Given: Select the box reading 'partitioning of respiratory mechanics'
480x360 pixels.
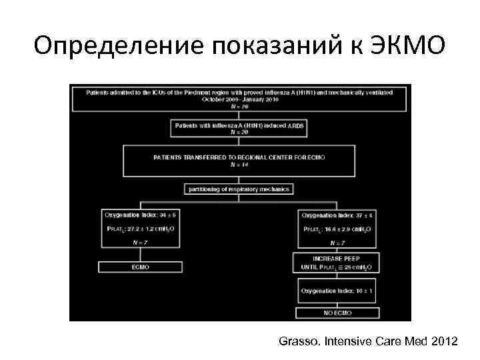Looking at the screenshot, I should pos(239,189).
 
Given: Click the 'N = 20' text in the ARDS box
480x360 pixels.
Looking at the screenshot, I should pos(239,132).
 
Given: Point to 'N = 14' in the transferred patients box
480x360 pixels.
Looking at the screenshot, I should pos(239,165).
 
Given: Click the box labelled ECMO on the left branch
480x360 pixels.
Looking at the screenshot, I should pos(141,267).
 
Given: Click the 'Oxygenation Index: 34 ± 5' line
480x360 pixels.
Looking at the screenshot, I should pos(141,215).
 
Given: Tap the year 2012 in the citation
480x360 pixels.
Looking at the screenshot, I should pos(445,342).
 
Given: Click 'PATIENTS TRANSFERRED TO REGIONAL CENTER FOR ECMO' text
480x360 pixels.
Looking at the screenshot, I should pos(239,157).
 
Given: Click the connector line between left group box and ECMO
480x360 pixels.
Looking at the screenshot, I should pos(141,255).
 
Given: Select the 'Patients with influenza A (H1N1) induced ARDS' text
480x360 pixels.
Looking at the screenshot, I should pos(239,125).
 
